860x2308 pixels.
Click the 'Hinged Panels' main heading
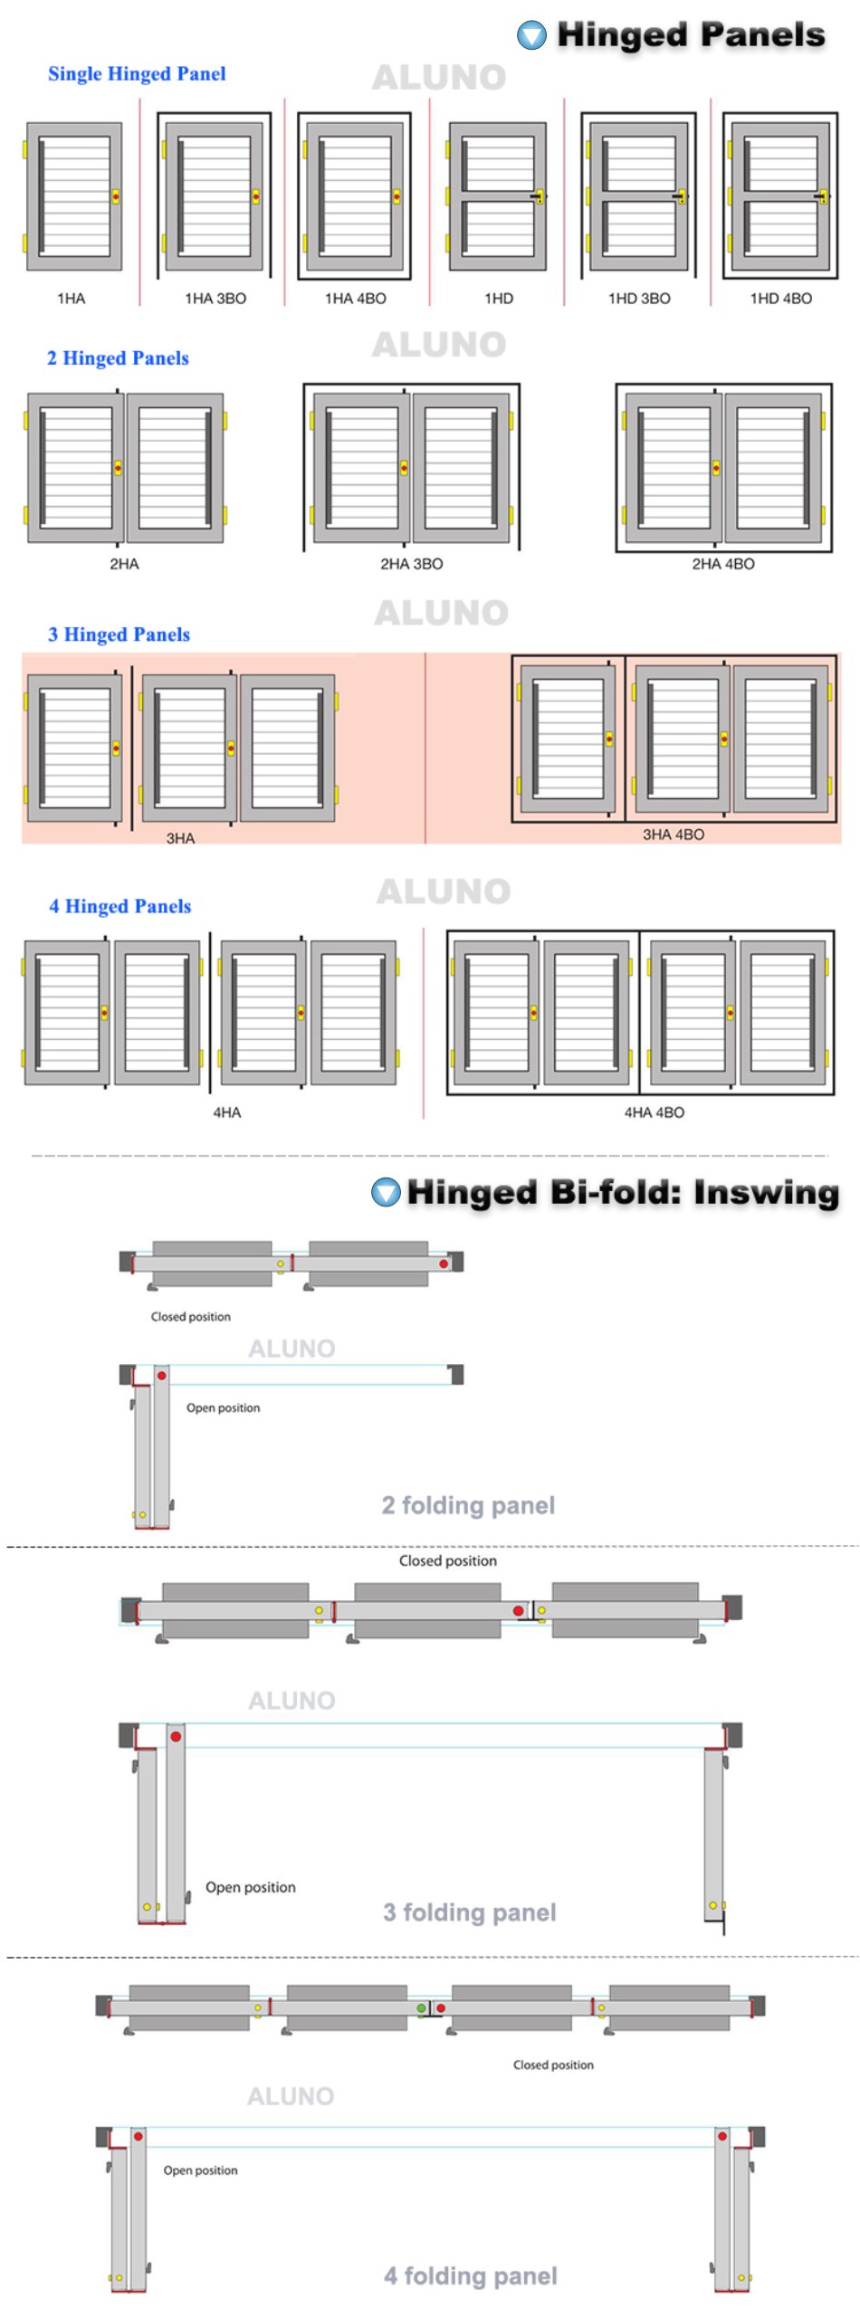pyautogui.click(x=691, y=34)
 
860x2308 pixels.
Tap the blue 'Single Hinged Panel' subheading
pyautogui.click(x=137, y=74)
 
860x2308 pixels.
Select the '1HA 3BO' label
pyautogui.click(x=215, y=299)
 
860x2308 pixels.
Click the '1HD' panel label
pyautogui.click(x=499, y=299)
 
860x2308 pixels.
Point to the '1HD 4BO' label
pyautogui.click(x=781, y=299)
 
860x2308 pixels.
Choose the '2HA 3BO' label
pyautogui.click(x=412, y=564)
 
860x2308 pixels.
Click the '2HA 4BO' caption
pyautogui.click(x=723, y=564)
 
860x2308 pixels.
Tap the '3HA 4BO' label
pyautogui.click(x=674, y=835)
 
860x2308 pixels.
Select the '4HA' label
pyautogui.click(x=227, y=1112)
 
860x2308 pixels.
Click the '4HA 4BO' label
pyautogui.click(x=655, y=1112)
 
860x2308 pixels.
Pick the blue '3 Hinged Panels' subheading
pyautogui.click(x=119, y=634)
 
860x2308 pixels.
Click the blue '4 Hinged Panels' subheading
pyautogui.click(x=120, y=906)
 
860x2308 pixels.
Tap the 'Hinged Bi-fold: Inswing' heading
pyautogui.click(x=623, y=1192)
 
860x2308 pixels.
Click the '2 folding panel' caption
pyautogui.click(x=468, y=1505)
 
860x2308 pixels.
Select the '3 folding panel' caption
pyautogui.click(x=469, y=1912)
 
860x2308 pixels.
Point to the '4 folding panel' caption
pyautogui.click(x=470, y=2276)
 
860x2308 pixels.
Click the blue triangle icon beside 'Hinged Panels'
pyautogui.click(x=531, y=35)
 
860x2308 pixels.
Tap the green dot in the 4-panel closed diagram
pyautogui.click(x=421, y=2008)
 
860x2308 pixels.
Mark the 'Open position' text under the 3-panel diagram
pyautogui.click(x=251, y=1887)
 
